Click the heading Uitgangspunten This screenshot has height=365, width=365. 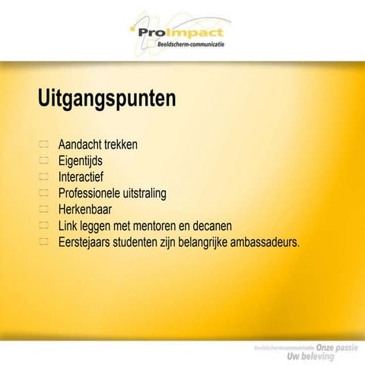pyautogui.click(x=106, y=99)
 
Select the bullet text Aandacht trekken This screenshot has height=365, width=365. pyautogui.click(x=98, y=144)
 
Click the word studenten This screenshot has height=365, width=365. pyautogui.click(x=147, y=243)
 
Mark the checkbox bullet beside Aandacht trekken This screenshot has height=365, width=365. pyautogui.click(x=43, y=144)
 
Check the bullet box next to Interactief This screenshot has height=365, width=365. pyautogui.click(x=43, y=176)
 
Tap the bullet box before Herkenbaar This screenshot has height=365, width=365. pyautogui.click(x=43, y=210)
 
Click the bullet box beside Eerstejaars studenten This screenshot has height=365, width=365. pyautogui.click(x=43, y=243)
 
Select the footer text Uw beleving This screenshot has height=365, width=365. pyautogui.click(x=337, y=357)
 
